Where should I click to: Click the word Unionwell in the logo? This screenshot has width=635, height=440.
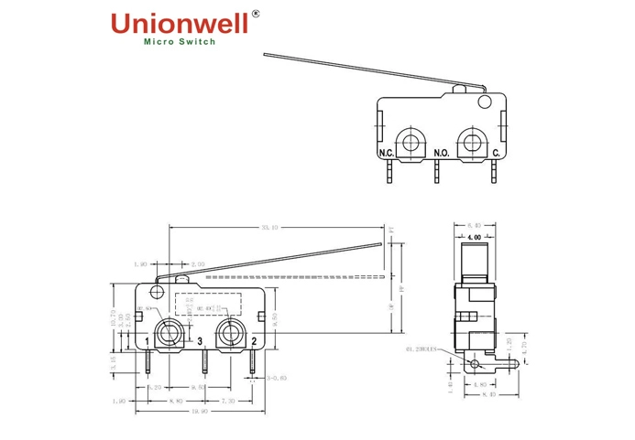(x=178, y=24)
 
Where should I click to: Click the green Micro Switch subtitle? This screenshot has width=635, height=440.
(x=181, y=42)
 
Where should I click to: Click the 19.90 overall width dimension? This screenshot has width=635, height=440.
(x=202, y=411)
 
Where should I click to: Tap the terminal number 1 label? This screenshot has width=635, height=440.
(x=148, y=342)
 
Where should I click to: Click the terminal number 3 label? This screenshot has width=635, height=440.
(x=199, y=342)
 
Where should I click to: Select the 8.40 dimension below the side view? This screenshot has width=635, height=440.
(x=487, y=396)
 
